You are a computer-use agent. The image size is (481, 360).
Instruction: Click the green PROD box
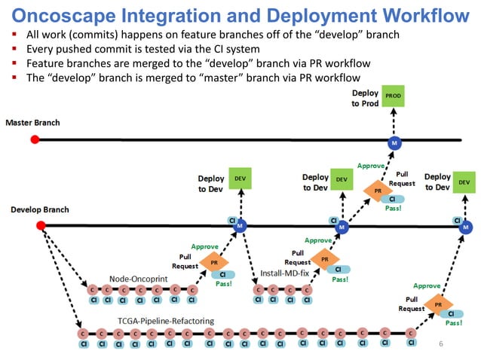394,96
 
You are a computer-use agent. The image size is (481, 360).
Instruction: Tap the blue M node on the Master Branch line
393,142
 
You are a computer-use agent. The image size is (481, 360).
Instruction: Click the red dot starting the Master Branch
35,139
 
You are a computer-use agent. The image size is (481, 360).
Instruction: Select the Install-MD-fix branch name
285,272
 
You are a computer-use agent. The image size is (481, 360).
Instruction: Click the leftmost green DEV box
240,178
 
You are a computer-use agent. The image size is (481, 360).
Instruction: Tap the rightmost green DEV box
464,182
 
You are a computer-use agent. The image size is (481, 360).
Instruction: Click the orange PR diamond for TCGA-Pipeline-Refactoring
438,304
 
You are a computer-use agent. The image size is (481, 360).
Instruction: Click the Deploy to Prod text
365,98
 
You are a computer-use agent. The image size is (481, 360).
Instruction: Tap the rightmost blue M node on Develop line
466,227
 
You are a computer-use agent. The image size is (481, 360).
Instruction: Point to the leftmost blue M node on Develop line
239,226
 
